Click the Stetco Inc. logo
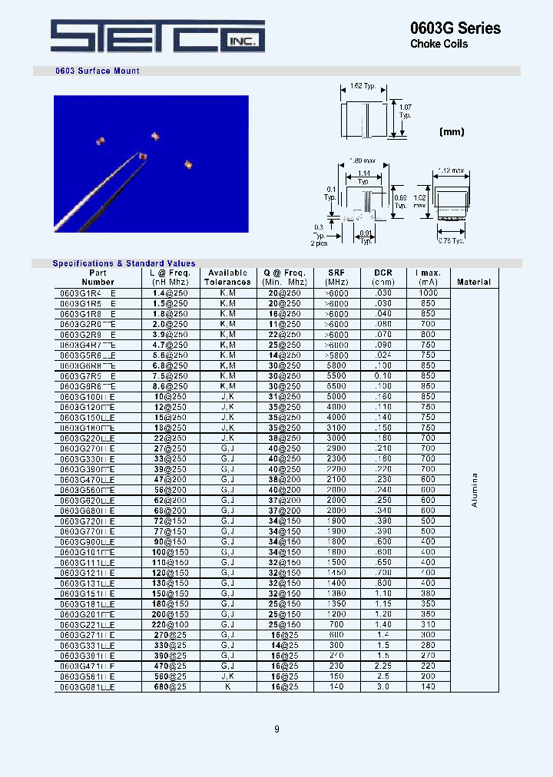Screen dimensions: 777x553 tap(157, 36)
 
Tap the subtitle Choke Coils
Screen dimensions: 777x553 tap(439, 45)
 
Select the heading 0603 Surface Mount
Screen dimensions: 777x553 tap(98, 71)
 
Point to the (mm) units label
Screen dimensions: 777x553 tap(452, 132)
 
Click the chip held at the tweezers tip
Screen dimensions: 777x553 tap(142, 155)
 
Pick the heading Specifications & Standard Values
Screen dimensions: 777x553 tap(124, 263)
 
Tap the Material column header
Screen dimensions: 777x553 tap(473, 282)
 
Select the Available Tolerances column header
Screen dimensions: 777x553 tap(227, 277)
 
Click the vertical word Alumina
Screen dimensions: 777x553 tap(474, 494)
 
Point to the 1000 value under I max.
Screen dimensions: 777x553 tap(428, 293)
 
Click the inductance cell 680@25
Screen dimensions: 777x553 tap(169, 686)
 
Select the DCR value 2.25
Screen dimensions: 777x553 tap(382, 666)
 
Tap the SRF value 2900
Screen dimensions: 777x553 tap(336, 448)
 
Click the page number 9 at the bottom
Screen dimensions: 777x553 tap(276, 729)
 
